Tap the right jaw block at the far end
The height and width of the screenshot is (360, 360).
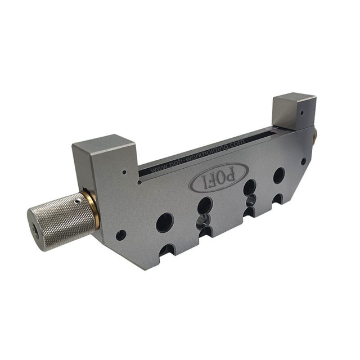click(293, 111)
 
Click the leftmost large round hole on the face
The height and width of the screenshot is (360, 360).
click(164, 222)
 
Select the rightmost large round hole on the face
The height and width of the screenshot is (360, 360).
click(279, 175)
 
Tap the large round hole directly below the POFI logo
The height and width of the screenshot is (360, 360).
click(205, 205)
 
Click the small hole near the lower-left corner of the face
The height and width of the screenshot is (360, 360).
click(121, 235)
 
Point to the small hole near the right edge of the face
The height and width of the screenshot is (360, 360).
click(303, 161)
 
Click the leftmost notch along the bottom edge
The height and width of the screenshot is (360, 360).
click(167, 249)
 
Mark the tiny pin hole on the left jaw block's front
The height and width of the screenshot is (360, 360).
click(124, 173)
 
